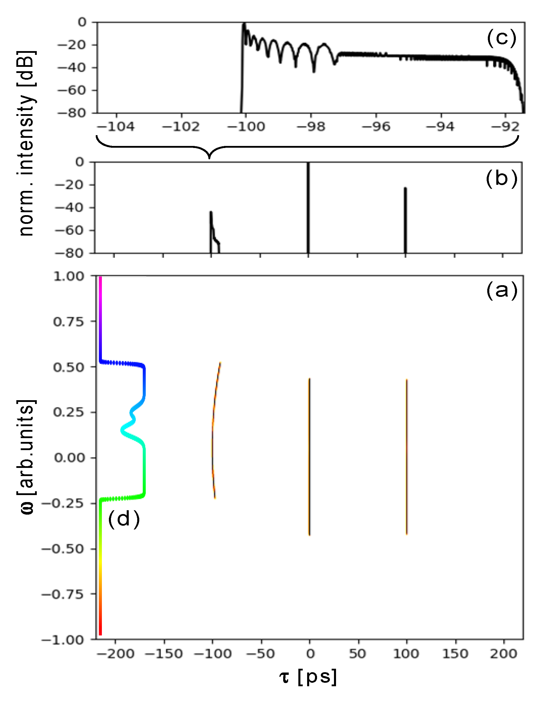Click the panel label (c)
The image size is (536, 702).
(501, 39)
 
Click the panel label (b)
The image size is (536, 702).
(501, 179)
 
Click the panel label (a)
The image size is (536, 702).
(502, 291)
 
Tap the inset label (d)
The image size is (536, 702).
(124, 519)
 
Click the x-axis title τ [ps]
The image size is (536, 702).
(308, 677)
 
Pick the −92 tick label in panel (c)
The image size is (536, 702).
(505, 127)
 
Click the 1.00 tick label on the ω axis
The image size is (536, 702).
(69, 276)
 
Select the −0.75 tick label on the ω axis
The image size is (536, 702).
(62, 594)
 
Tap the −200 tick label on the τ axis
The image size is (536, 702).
(116, 654)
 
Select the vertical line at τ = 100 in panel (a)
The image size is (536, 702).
(406, 456)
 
